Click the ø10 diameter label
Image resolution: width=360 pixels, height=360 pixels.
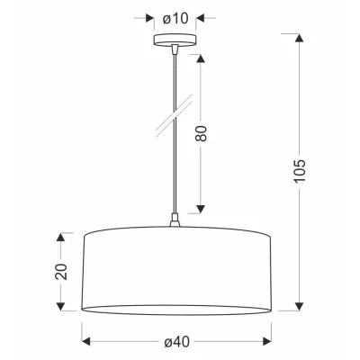tap(175, 19)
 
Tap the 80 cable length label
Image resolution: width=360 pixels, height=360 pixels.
tap(201, 133)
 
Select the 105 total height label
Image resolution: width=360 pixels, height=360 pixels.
tap(300, 171)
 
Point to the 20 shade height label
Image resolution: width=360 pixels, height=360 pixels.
tap(60, 272)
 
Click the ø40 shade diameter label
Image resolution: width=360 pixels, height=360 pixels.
tap(177, 342)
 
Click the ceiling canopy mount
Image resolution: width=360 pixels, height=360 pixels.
tap(175, 40)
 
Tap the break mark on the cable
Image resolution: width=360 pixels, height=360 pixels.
tap(174, 115)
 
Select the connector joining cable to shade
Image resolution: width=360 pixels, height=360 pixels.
tap(175, 220)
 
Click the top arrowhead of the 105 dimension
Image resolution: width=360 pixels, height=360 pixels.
tap(299, 38)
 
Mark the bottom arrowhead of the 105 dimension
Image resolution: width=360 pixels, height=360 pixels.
tap(299, 306)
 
